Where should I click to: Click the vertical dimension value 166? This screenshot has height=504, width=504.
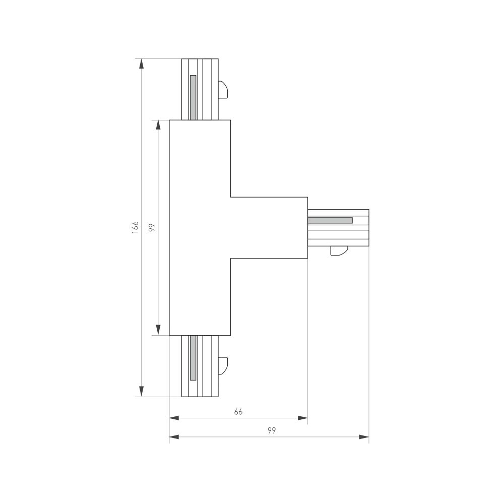[x=135, y=227]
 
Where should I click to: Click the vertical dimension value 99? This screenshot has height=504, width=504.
[x=152, y=227]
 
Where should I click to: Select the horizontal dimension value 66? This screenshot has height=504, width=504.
[x=238, y=412]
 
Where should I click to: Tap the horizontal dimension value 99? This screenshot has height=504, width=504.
[x=272, y=430]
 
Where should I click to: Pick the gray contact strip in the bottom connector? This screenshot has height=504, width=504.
[x=193, y=358]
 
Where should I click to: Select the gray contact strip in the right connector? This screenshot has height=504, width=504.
[x=330, y=220]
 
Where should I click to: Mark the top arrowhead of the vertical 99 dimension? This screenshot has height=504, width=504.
[x=158, y=125]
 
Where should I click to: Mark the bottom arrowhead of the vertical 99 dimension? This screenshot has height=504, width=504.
[x=158, y=330]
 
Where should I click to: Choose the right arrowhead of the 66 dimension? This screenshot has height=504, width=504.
[x=302, y=418]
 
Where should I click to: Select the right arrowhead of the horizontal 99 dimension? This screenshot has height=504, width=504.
[x=364, y=437]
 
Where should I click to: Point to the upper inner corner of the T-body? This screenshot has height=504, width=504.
[x=231, y=197]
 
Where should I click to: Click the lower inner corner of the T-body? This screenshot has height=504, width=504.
[x=231, y=259]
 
